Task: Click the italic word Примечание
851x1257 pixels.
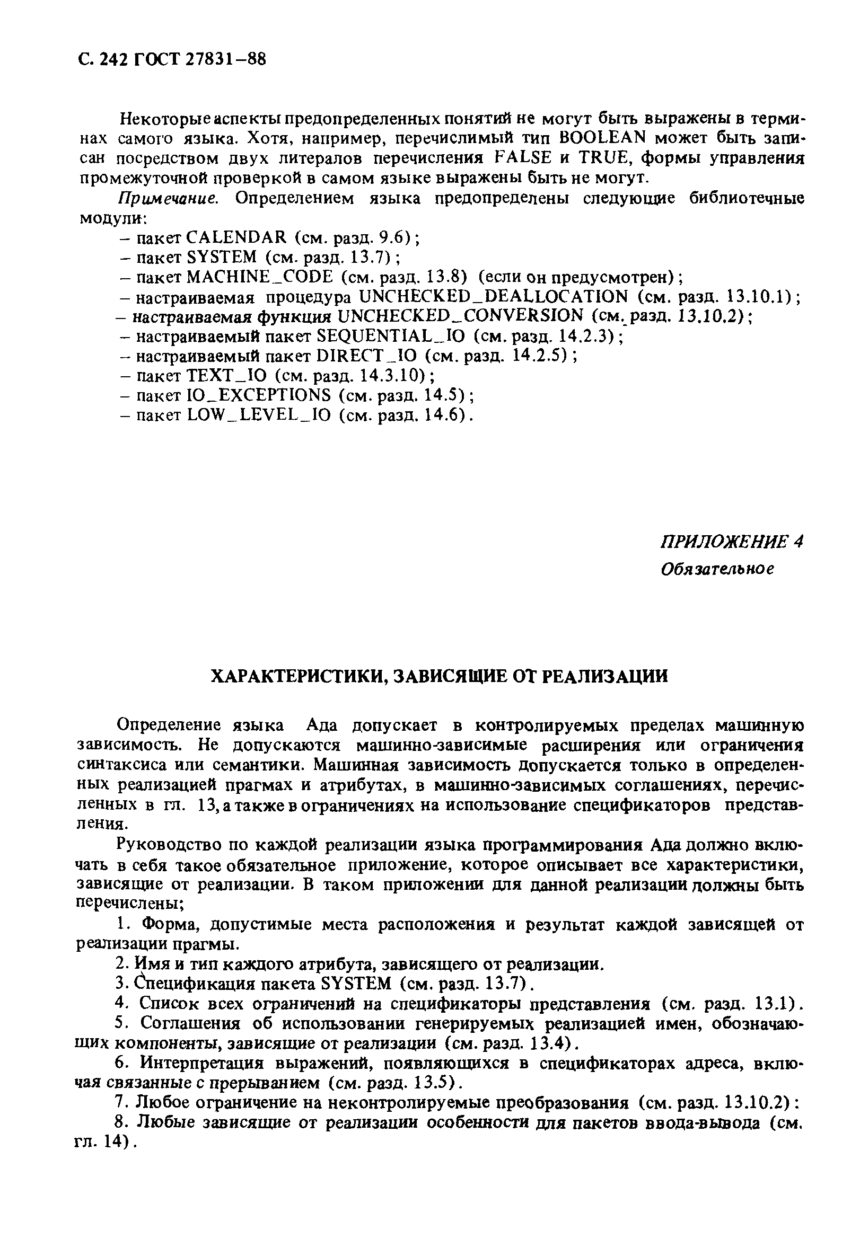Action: click(x=168, y=198)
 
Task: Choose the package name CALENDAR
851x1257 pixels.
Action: click(x=236, y=237)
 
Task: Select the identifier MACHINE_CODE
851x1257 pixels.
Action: click(x=260, y=277)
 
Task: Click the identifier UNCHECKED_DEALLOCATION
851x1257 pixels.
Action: click(x=494, y=296)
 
